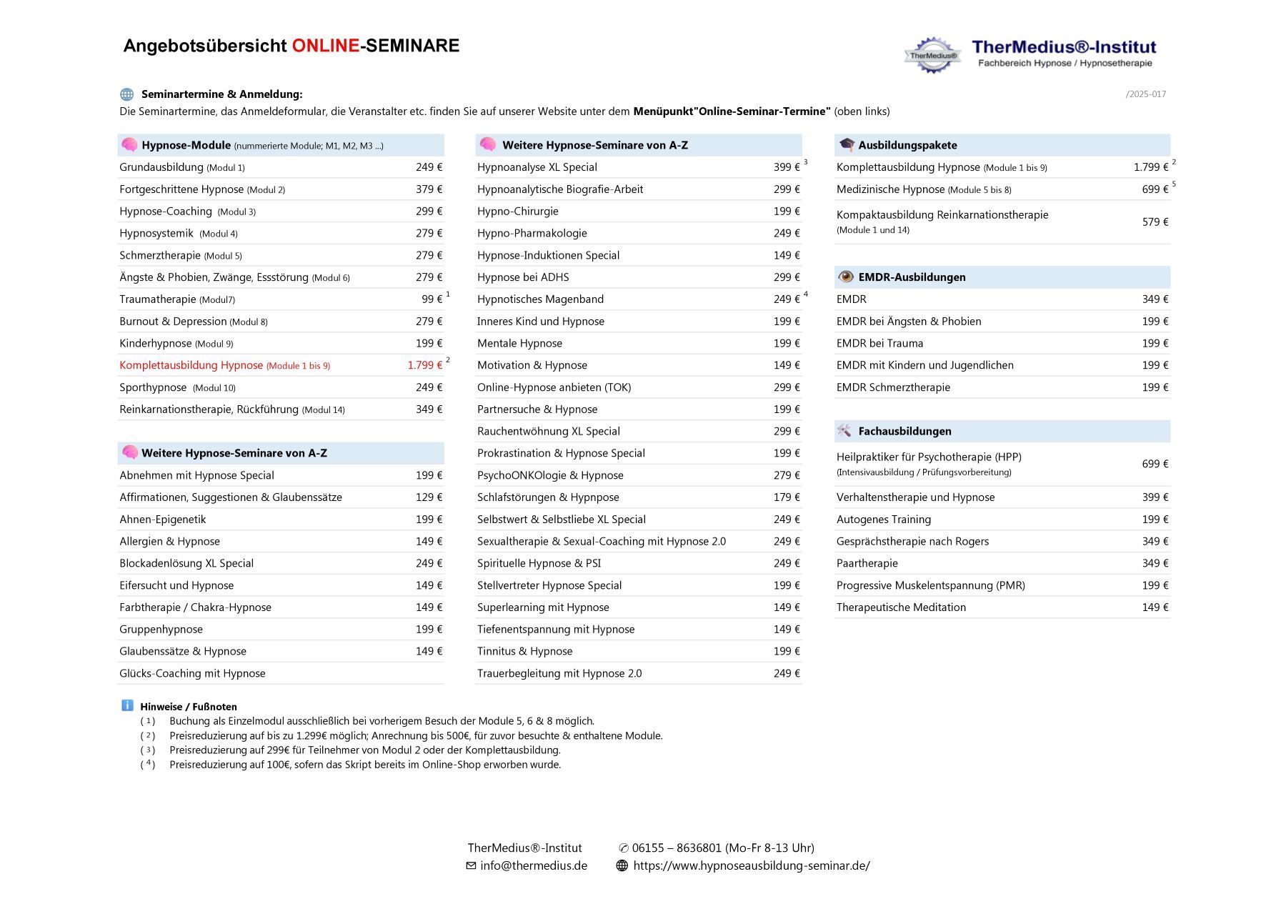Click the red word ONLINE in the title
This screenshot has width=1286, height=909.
325,46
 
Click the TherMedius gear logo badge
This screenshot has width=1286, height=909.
932,55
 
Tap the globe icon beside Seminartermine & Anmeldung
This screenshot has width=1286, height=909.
127,94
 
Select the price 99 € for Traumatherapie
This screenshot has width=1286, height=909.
432,299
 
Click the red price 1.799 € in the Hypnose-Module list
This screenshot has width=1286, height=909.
424,365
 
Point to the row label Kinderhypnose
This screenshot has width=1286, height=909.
156,344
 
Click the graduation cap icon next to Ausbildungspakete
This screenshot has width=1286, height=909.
847,145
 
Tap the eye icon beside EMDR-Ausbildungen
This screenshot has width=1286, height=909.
846,277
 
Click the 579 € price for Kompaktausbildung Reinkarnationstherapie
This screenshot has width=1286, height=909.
1155,222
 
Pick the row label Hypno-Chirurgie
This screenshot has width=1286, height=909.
518,212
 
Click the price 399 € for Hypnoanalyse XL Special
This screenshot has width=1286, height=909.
787,167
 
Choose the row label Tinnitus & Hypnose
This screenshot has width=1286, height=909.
524,651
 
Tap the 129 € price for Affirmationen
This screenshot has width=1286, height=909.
429,497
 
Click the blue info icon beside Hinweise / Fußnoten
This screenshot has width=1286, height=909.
127,705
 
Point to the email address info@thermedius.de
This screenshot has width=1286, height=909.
533,865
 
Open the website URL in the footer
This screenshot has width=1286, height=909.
751,865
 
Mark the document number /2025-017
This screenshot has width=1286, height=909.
1145,94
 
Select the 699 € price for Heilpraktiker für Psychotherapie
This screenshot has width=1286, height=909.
1155,464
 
